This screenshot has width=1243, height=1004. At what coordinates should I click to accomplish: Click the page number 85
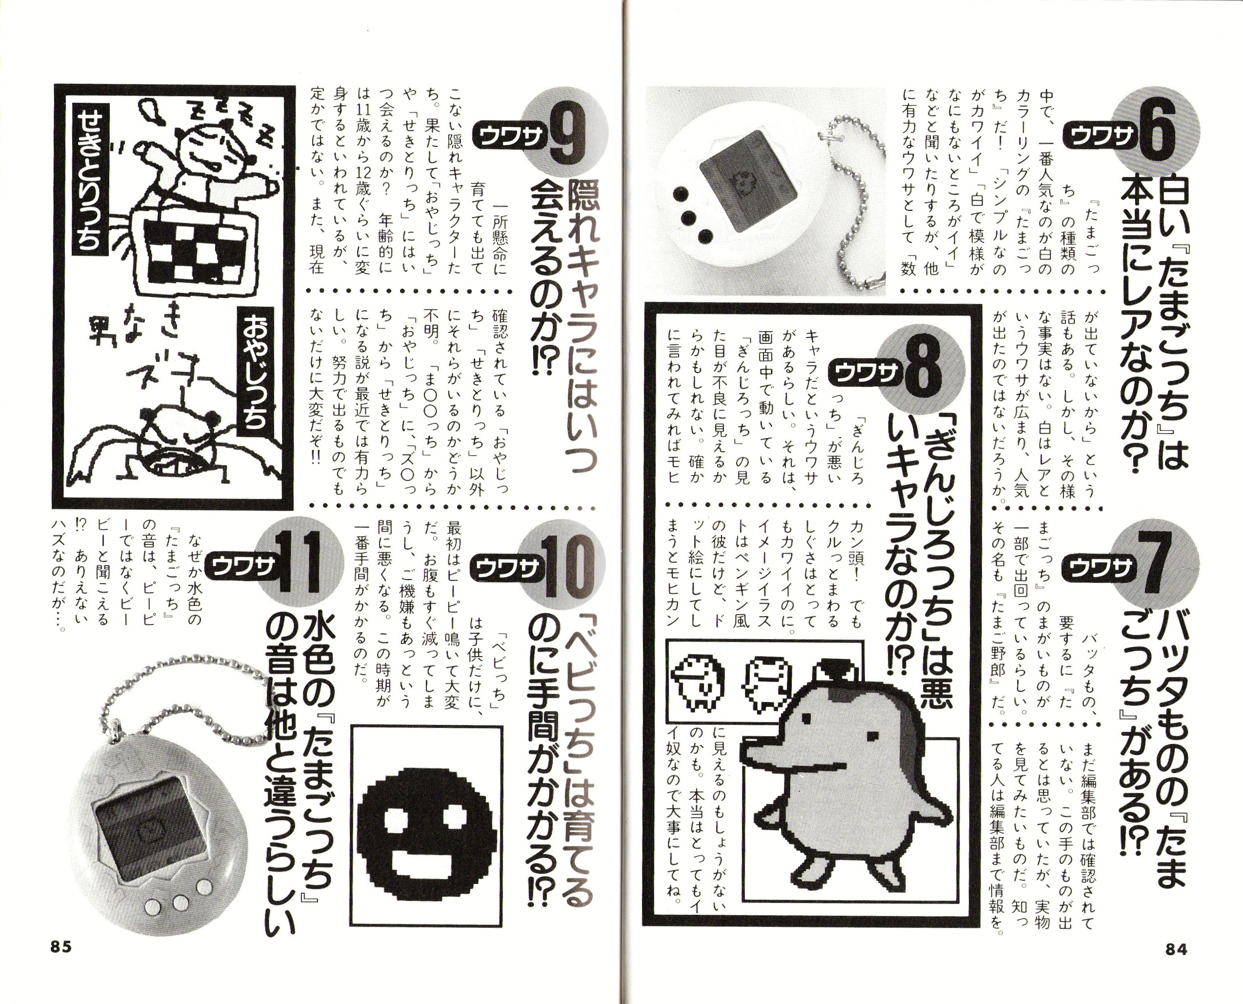click(x=60, y=964)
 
